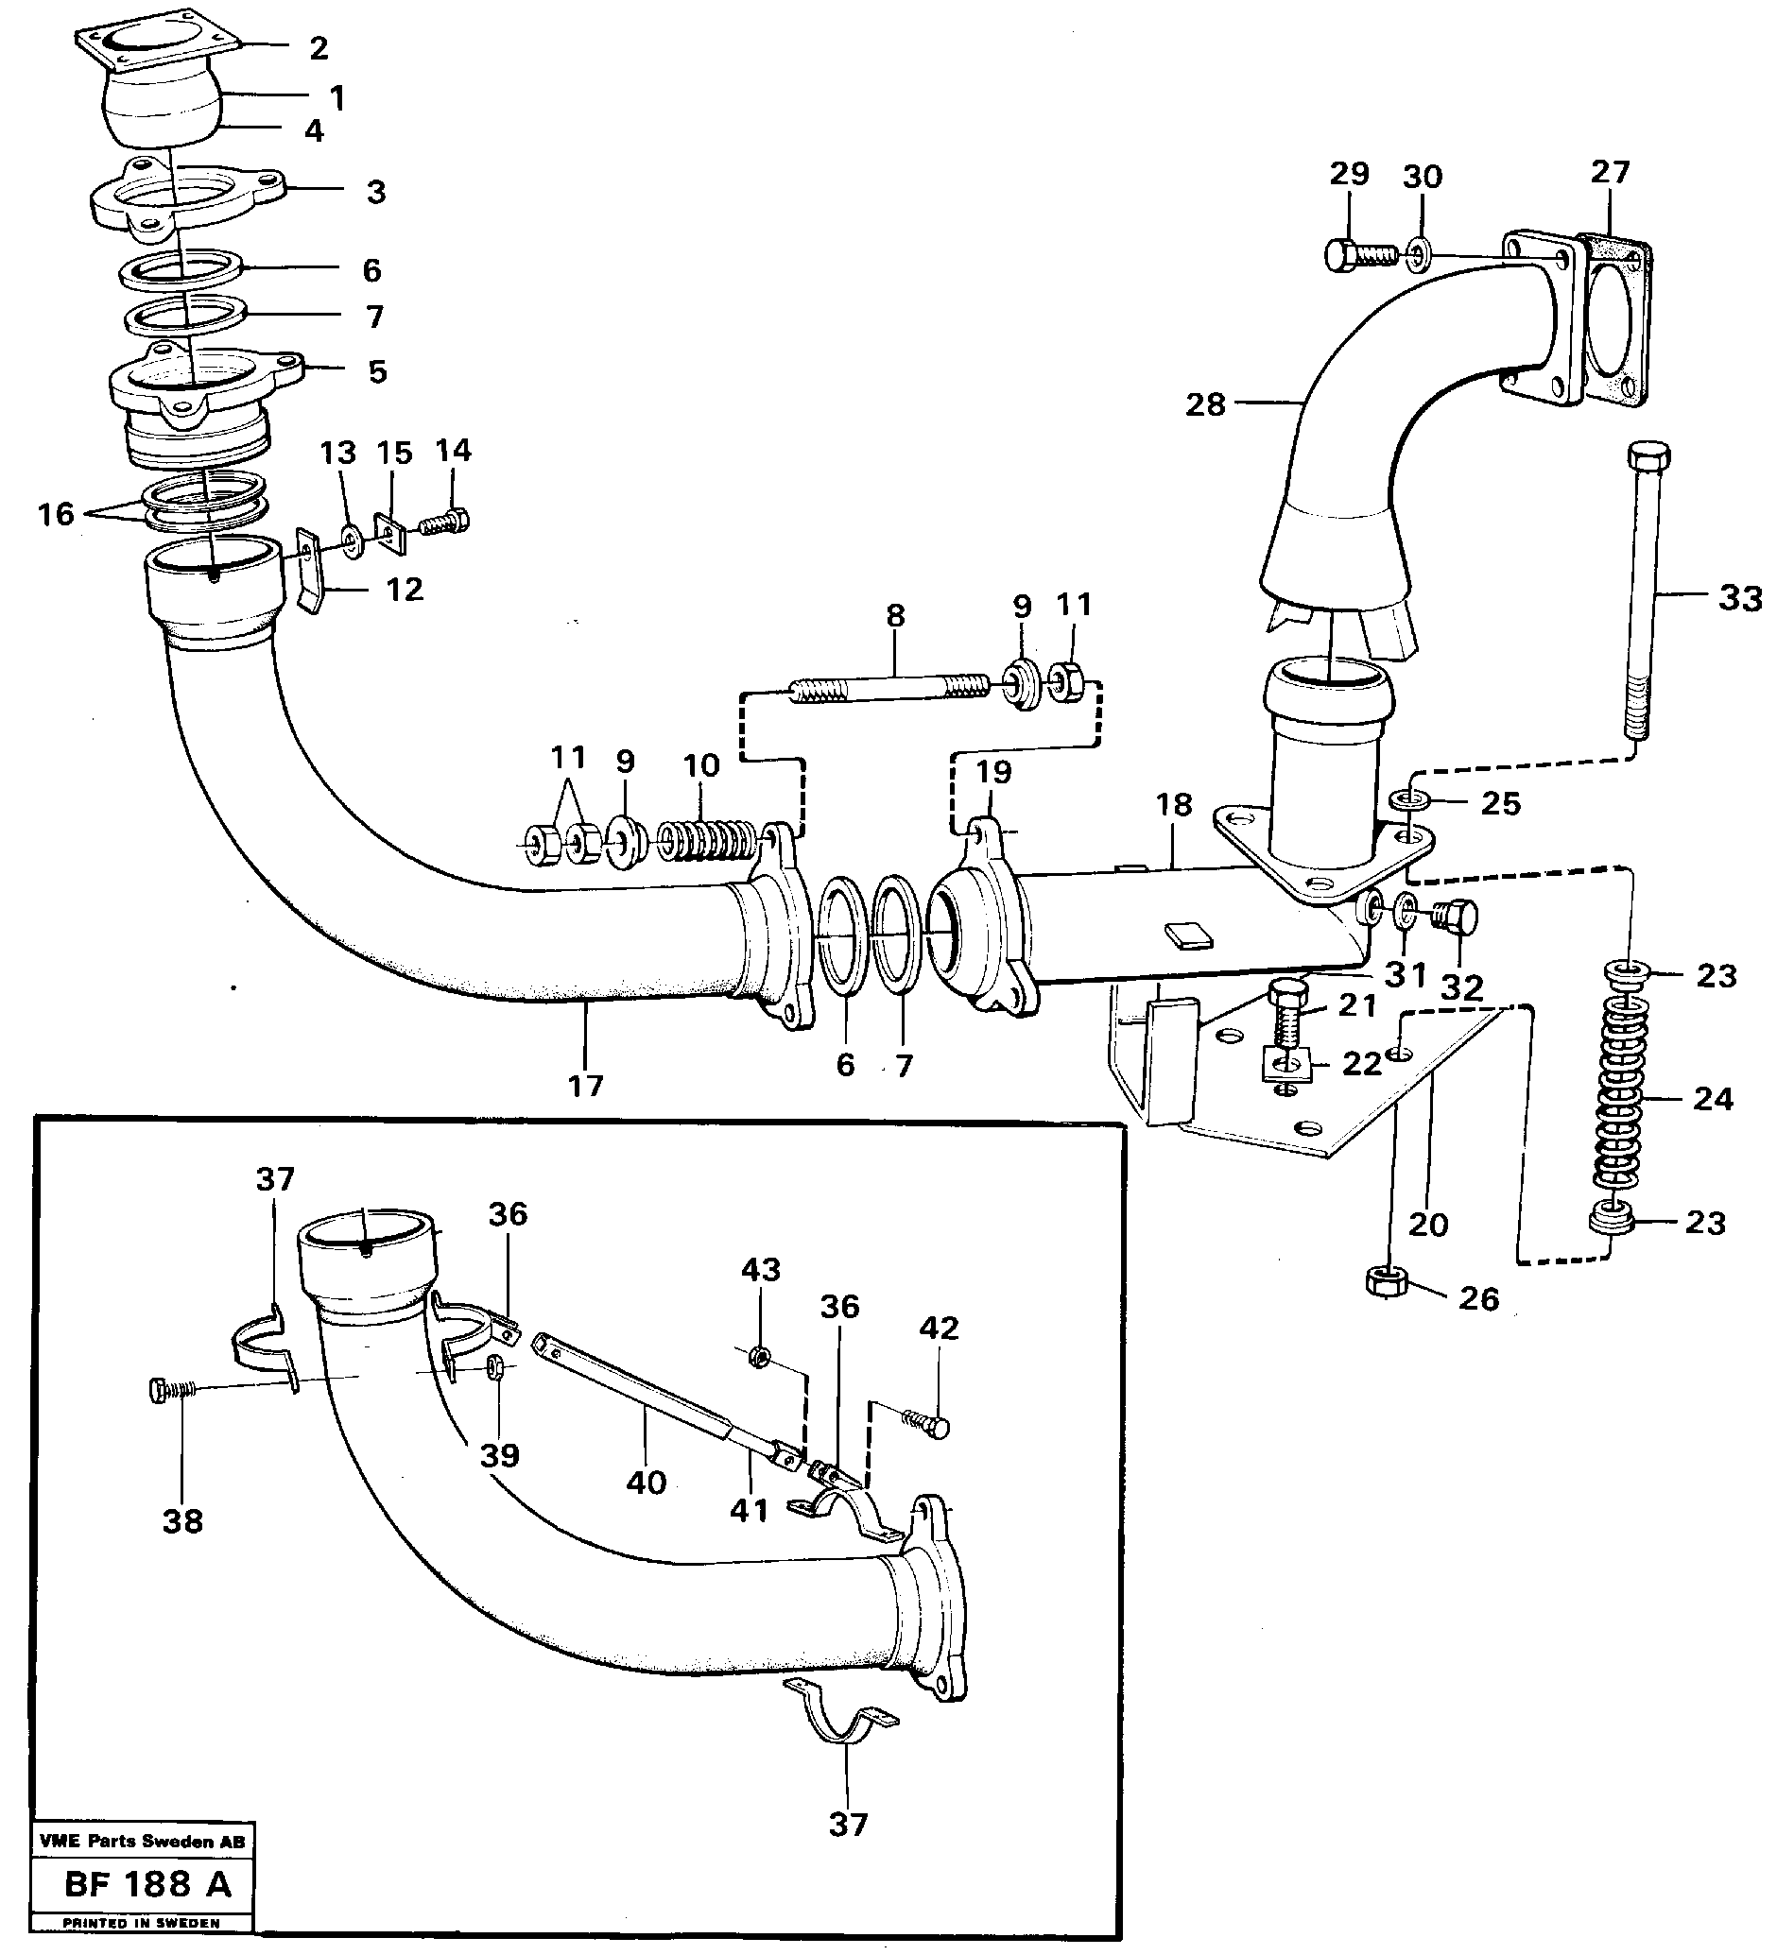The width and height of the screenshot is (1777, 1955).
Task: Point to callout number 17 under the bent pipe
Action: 586,1085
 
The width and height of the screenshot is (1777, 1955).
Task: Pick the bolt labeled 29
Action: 1358,255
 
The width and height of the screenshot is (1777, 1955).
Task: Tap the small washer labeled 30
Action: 1417,256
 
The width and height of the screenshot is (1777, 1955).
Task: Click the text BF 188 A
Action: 147,1884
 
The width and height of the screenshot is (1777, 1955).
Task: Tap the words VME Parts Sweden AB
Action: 143,1841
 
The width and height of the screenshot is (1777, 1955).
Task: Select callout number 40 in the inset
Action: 646,1482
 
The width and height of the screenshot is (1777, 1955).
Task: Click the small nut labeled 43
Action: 762,1355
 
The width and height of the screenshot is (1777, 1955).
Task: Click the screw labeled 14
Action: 447,522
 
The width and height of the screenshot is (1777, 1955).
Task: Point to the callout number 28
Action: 1205,404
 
